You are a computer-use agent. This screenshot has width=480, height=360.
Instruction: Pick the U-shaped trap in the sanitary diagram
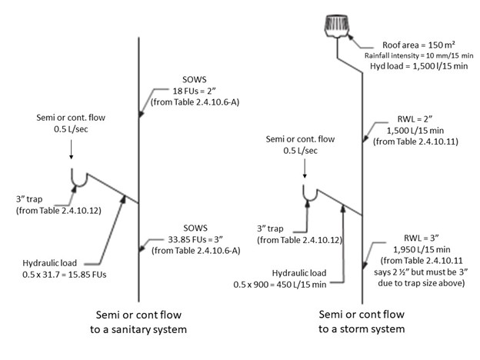(78, 179)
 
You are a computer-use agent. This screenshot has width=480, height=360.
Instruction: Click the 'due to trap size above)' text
(412, 285)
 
